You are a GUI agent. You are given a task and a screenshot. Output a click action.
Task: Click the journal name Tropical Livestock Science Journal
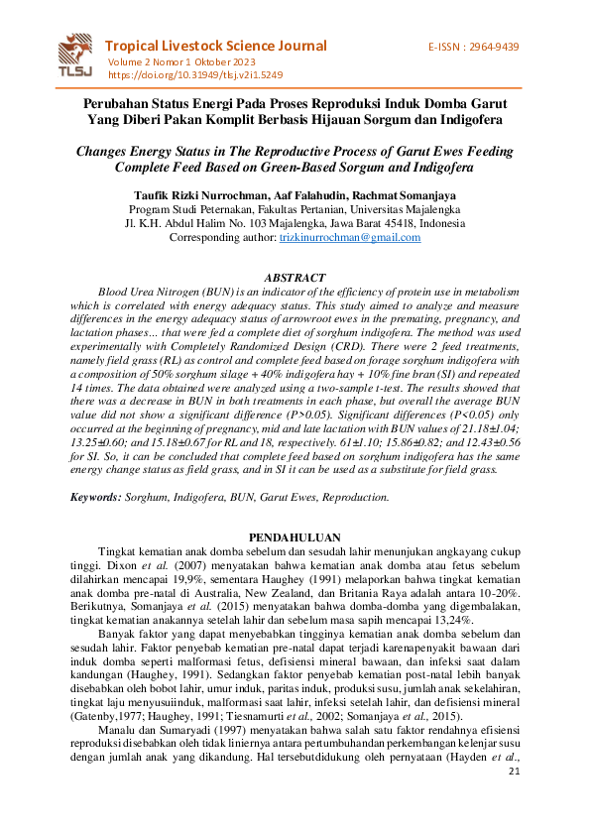point(215,46)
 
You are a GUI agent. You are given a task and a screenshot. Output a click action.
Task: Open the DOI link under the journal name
point(194,74)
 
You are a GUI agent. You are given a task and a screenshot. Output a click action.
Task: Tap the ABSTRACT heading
point(295,277)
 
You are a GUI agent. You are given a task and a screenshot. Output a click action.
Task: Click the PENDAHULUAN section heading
point(295,537)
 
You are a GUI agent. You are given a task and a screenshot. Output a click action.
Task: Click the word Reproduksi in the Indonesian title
point(356,102)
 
